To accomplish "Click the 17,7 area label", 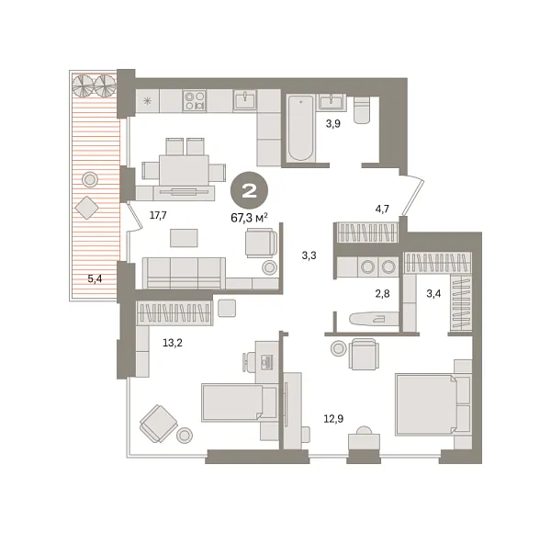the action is coord(158,215).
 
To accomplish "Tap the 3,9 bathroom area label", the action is coord(332,124).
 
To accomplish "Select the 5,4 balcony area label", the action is coord(95,278).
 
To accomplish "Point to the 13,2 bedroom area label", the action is coord(173,343).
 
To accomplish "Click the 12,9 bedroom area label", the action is coord(333,419).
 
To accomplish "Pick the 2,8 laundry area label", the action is coord(382,293).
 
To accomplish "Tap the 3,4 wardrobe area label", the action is coord(433,293).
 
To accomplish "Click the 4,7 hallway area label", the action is coord(382,209).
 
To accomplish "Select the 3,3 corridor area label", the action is coord(309,255).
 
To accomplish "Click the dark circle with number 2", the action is coord(249,191).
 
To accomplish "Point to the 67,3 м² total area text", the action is coord(249,218).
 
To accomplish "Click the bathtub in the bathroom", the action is coord(300,129).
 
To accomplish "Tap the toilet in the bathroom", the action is coord(362,109).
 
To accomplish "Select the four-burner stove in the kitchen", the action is coord(195,101).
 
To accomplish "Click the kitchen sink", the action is coord(245,100).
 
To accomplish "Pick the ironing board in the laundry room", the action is coord(374,319).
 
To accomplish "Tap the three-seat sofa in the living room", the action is coord(184,273).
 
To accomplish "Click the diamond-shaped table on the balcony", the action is coord(86,208).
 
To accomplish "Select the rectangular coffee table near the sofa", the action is coord(184,238).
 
